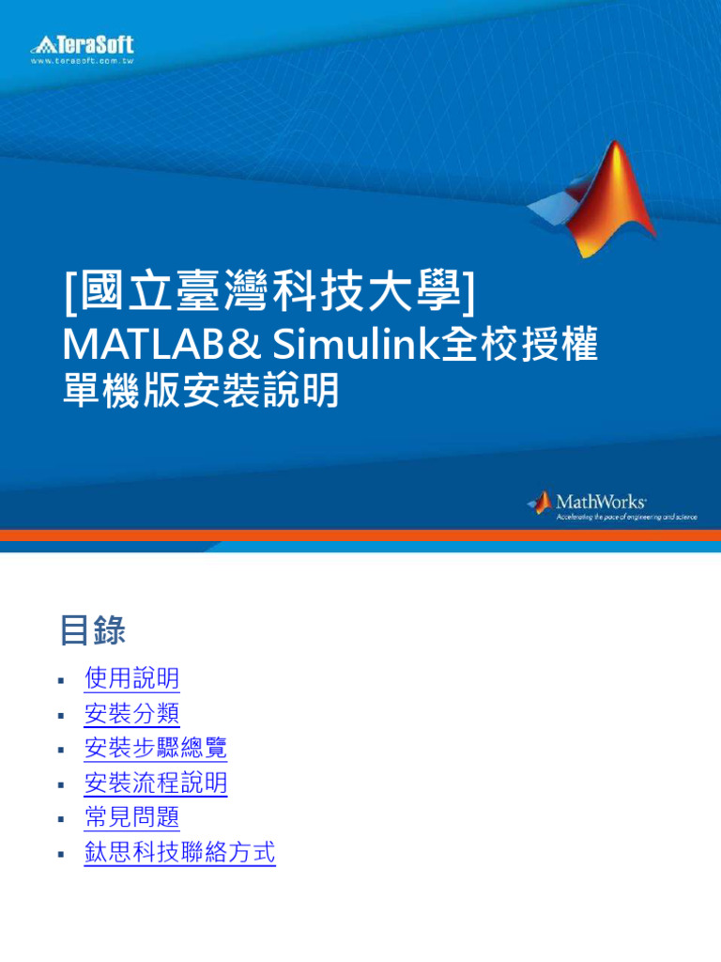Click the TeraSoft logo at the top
(83, 44)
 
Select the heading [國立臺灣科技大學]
(270, 292)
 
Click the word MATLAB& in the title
(159, 347)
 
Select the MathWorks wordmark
(601, 502)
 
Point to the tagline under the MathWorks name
(626, 518)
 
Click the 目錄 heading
(92, 630)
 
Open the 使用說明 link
(131, 678)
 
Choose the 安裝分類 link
(131, 714)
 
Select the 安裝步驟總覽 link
(156, 749)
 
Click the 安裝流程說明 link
(156, 784)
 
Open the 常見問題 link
(131, 818)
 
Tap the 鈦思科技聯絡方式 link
(179, 853)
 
